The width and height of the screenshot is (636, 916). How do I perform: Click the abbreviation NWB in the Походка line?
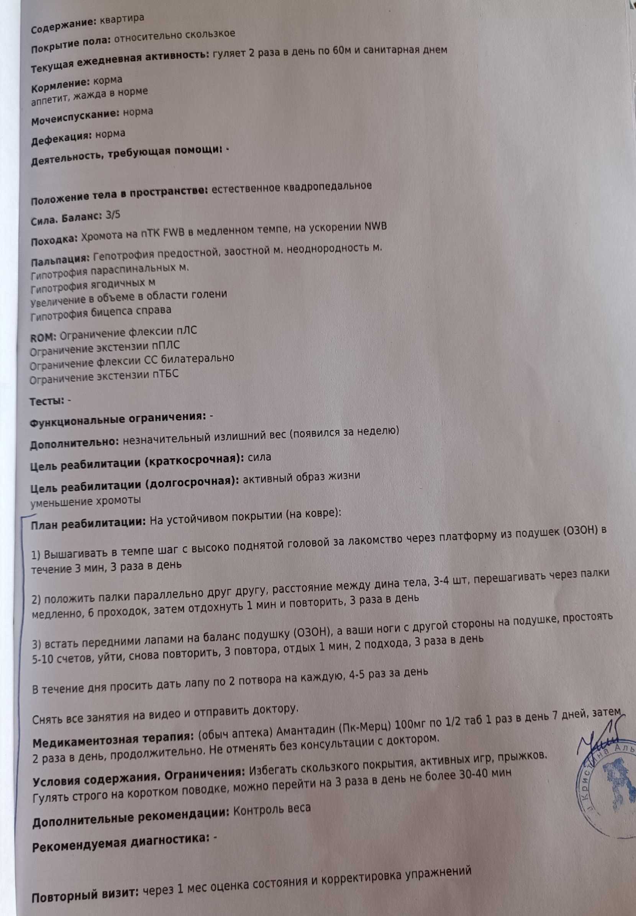click(x=375, y=226)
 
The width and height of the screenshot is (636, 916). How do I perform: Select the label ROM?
click(x=43, y=337)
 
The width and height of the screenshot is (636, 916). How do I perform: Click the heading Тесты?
click(x=47, y=401)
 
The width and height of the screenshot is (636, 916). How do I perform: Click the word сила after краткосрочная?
click(x=259, y=457)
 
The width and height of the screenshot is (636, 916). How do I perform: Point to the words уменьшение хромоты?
click(x=86, y=501)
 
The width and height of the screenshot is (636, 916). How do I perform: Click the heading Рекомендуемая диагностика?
click(x=120, y=839)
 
